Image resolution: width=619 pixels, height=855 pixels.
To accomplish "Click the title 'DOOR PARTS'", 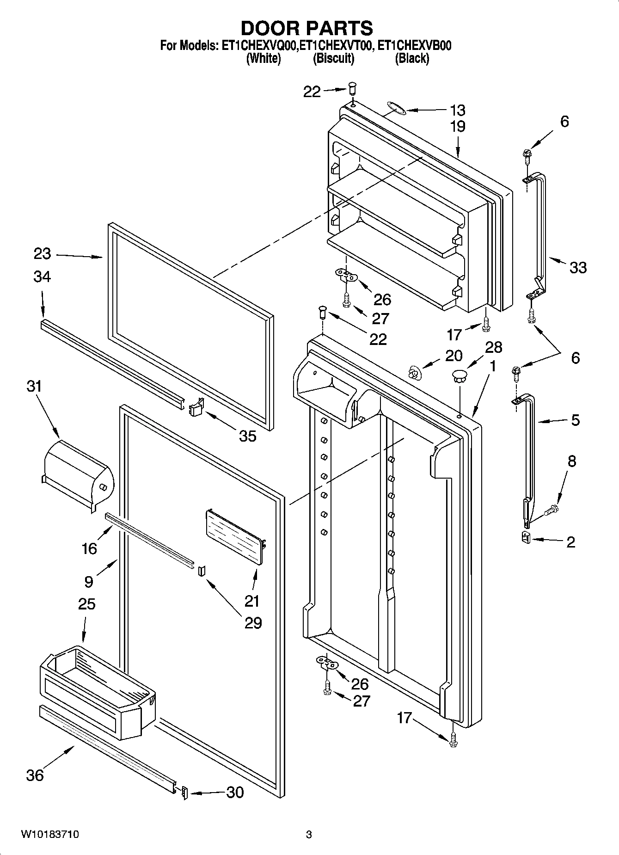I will pos(306,28).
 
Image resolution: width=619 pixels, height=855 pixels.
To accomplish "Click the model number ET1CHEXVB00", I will pos(414,46).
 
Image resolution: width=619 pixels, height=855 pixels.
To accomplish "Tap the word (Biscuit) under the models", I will pos(333,59).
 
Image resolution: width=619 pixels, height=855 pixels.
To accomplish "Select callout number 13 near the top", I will pos(457,111).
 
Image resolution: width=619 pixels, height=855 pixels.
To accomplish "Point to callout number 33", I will pos(578,268).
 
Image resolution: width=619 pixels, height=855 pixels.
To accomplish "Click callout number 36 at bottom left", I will pos(35,775).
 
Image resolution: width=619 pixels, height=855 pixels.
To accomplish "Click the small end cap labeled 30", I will pos(184,793).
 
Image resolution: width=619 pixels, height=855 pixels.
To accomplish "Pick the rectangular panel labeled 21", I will pos(235,536).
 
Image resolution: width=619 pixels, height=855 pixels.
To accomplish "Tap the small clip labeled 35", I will pos(196,408).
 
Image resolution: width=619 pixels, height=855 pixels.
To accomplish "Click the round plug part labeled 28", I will pos(460,375).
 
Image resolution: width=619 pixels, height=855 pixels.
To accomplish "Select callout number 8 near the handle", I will pos(572,461).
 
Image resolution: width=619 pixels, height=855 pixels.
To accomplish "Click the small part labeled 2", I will pos(525,537).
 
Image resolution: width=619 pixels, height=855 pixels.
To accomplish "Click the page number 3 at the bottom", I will pos(309,835).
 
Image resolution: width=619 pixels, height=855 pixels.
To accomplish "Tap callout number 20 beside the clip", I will pos(454,356).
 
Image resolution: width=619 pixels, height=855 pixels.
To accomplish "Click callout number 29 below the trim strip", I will pos(254,623).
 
